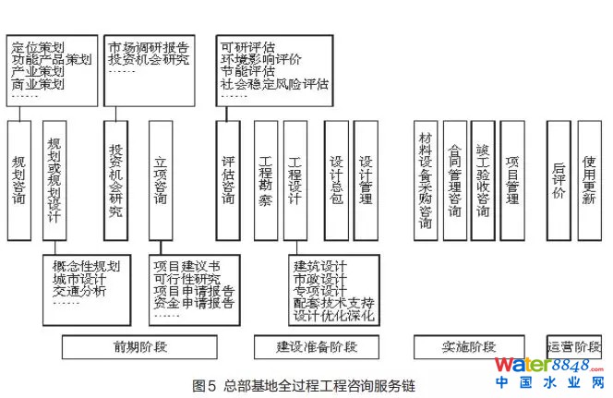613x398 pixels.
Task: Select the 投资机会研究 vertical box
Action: click(115, 180)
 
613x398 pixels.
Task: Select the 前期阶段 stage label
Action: click(140, 347)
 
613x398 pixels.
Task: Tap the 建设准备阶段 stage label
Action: click(317, 347)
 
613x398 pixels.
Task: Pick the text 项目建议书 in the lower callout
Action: click(187, 267)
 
